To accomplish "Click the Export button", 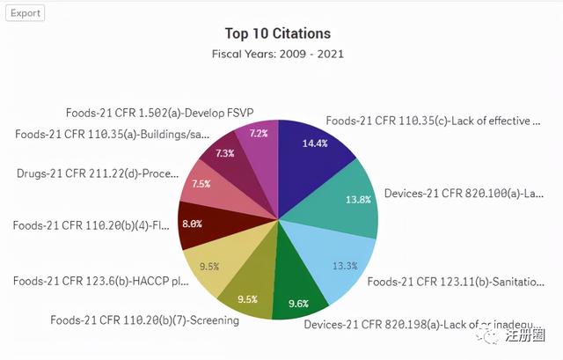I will pos(25,13).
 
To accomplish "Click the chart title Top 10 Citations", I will pos(278,33).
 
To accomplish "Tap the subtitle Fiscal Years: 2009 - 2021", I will pos(278,54).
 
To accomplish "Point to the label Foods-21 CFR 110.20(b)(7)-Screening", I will pos(144,320).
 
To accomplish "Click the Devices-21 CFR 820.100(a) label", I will pos(464,194).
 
